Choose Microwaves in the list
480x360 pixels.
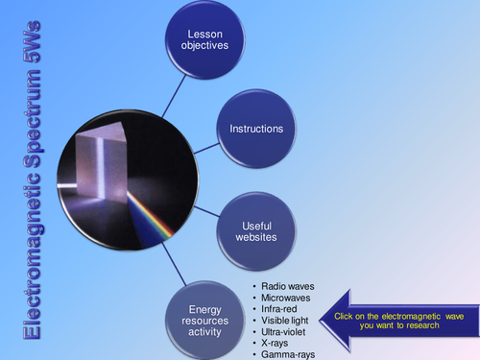(287, 299)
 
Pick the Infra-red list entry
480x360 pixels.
(282, 310)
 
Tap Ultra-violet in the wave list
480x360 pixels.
(286, 333)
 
